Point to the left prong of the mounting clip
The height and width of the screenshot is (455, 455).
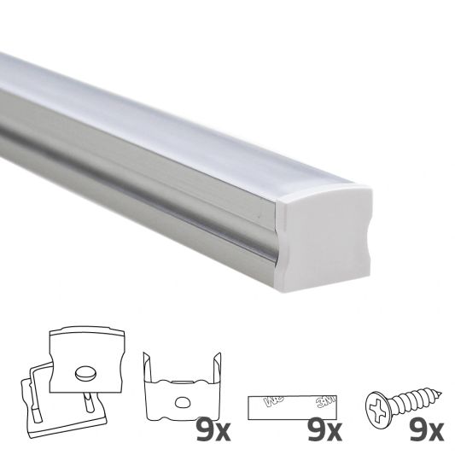point(150,376)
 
